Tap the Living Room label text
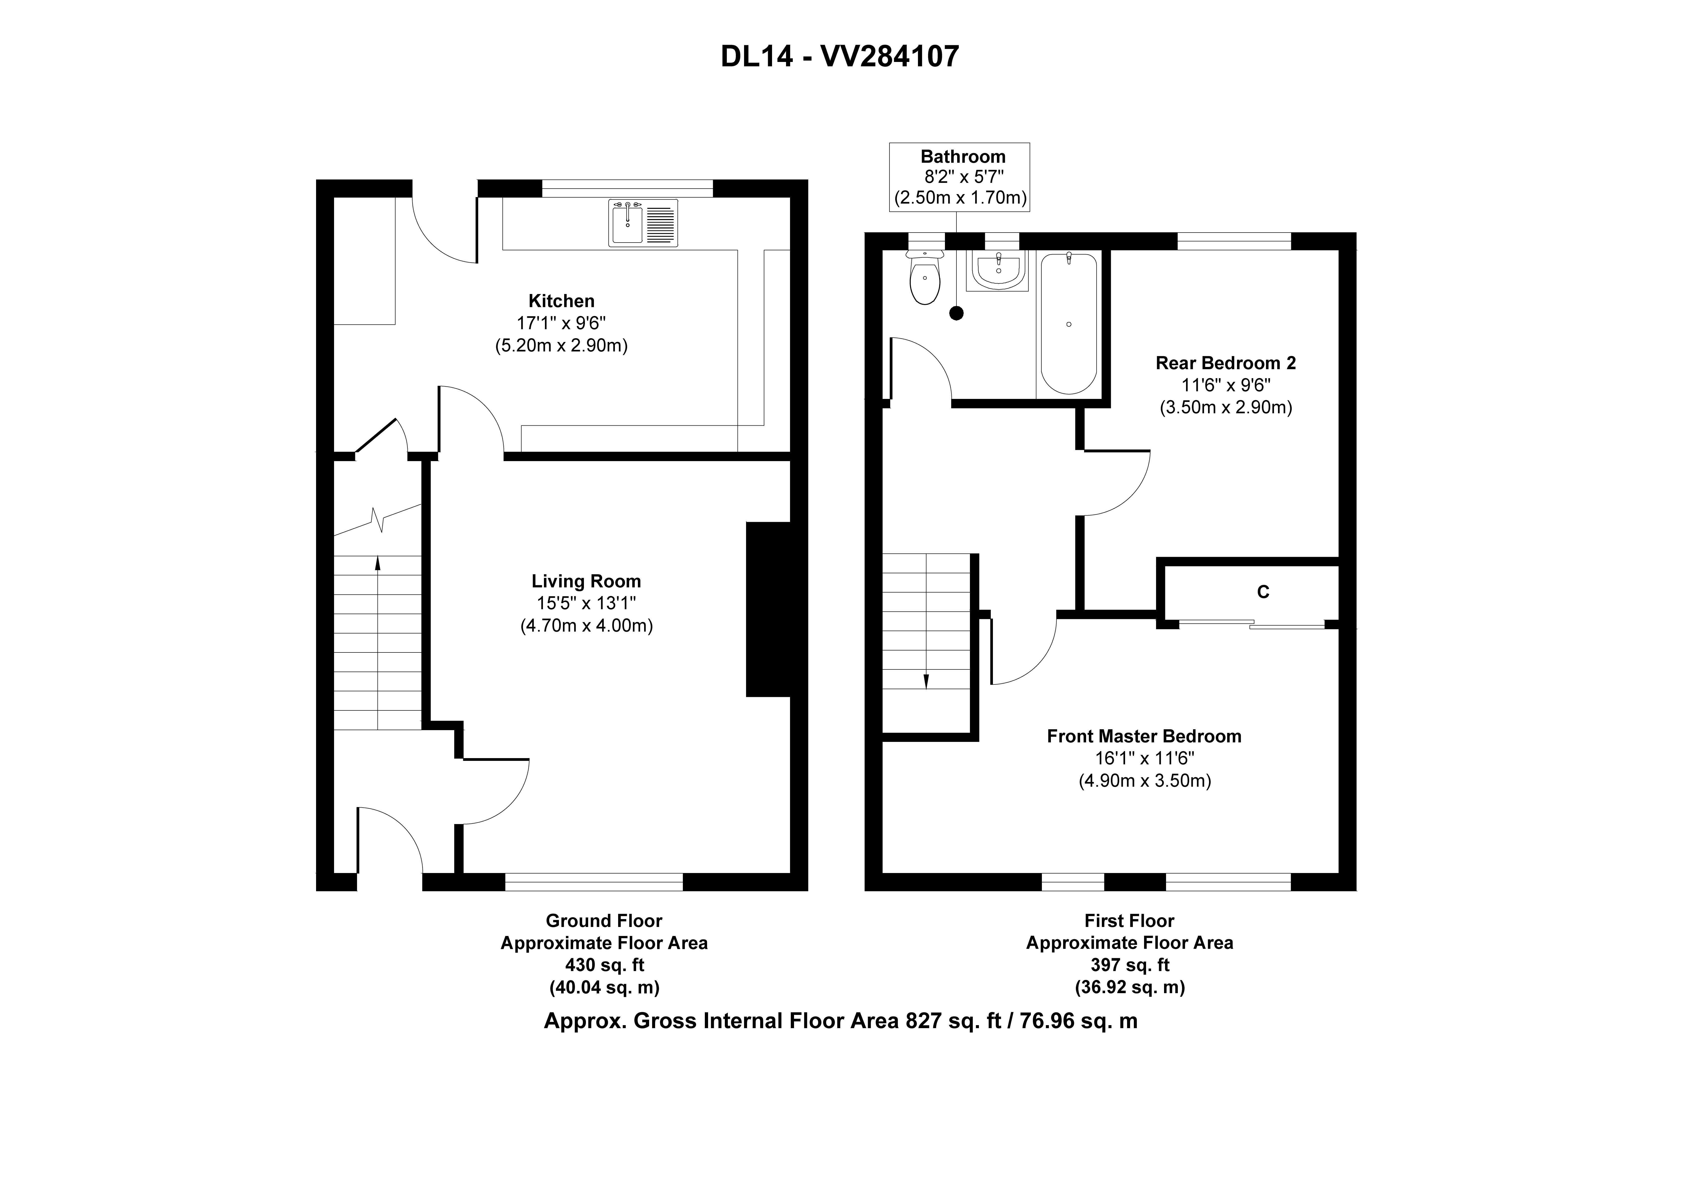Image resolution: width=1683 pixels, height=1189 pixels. click(586, 581)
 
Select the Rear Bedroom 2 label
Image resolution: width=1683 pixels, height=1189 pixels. click(1226, 363)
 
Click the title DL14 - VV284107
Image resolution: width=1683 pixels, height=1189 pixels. click(840, 56)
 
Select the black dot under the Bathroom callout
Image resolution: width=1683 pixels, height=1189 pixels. click(956, 313)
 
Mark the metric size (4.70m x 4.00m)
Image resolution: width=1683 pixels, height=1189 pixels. click(586, 625)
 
